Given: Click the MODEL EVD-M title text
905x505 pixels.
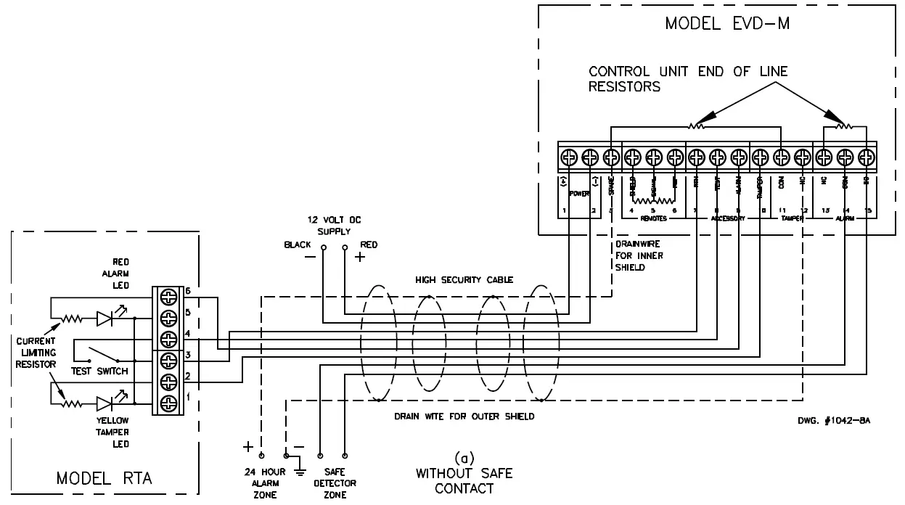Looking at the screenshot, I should pyautogui.click(x=727, y=24).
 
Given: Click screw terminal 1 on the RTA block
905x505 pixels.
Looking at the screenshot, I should pyautogui.click(x=168, y=403).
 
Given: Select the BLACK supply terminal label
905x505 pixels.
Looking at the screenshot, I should pyautogui.click(x=298, y=245).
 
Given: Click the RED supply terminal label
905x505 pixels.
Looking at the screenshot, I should pyautogui.click(x=369, y=245).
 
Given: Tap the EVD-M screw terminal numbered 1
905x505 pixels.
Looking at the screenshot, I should pyautogui.click(x=568, y=156).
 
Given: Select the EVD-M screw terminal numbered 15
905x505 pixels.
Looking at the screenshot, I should pyautogui.click(x=866, y=156).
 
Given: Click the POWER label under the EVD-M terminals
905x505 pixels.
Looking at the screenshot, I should pyautogui.click(x=578, y=194).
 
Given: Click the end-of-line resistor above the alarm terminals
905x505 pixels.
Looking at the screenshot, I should pyautogui.click(x=843, y=126).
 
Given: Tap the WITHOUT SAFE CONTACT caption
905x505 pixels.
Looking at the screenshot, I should pyautogui.click(x=464, y=480).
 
